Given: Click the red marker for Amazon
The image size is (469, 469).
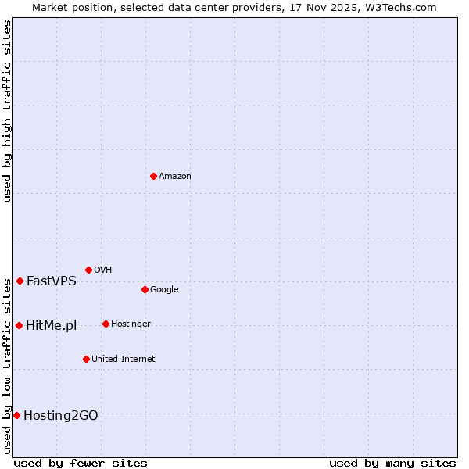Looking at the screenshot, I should [x=153, y=176].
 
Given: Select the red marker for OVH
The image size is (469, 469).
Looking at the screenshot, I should [x=88, y=270].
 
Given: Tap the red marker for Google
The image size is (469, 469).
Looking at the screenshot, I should [x=145, y=289].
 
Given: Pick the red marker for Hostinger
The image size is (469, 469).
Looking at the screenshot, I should [x=106, y=324].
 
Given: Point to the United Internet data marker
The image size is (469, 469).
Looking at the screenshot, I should [x=86, y=359].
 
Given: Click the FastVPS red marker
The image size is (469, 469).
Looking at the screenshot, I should [x=20, y=281].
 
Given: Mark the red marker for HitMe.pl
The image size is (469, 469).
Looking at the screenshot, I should [x=19, y=325].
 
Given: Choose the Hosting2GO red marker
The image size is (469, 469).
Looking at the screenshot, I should [x=16, y=415].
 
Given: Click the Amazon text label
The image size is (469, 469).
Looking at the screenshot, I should [x=175, y=177].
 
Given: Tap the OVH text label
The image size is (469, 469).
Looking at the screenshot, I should [x=103, y=270].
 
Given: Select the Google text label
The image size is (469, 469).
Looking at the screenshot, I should [x=164, y=290].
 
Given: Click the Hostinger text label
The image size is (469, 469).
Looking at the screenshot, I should [x=131, y=324].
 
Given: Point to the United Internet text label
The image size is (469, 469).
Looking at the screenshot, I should [x=123, y=360].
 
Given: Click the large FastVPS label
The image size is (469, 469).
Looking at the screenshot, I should [x=52, y=281].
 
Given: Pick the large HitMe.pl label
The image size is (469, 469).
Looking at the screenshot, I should [x=51, y=326].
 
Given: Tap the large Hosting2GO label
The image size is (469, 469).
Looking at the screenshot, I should [x=61, y=416].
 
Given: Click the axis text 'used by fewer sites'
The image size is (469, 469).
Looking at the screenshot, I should [x=81, y=464].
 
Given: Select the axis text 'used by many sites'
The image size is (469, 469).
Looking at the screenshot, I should [x=392, y=464].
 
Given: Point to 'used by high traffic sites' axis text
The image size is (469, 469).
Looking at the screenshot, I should [x=8, y=111].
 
